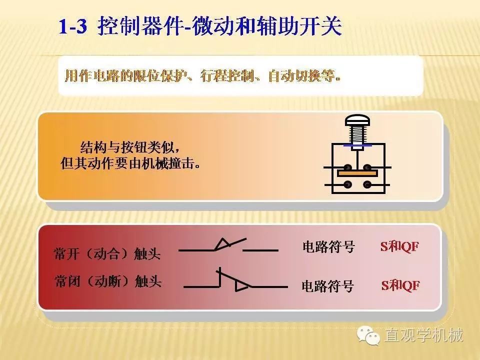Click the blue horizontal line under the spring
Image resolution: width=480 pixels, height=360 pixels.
point(357,146)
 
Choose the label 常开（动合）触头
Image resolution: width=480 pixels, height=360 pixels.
point(107,253)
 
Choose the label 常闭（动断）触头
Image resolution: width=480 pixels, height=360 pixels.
point(108,281)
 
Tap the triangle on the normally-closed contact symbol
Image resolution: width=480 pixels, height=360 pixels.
point(242,286)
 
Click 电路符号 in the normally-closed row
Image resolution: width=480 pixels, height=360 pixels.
point(327,286)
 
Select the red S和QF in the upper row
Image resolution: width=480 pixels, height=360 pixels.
point(399,246)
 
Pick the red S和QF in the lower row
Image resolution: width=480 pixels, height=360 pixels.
point(400,285)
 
